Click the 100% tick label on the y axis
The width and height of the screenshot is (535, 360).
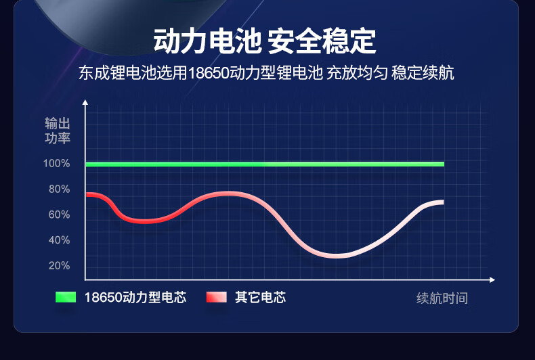point(56,163)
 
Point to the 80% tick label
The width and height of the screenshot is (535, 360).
point(59,189)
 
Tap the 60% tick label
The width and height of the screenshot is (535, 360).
point(59,215)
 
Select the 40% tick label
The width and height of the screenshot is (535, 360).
point(59,240)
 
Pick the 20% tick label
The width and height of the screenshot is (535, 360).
point(59,265)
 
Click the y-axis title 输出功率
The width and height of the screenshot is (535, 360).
point(58,131)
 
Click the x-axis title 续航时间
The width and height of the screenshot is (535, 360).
point(442,298)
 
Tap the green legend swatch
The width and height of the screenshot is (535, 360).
point(66,297)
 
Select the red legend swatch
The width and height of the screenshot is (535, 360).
point(216,297)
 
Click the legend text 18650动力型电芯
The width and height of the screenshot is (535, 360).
point(135,297)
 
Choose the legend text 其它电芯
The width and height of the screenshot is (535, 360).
point(260,297)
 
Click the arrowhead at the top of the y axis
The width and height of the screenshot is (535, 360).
point(85,102)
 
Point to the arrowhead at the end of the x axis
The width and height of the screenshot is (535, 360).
point(492,280)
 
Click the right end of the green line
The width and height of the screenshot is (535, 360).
point(444,164)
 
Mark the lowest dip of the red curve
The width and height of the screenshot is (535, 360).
point(336,256)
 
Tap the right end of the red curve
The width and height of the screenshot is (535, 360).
point(443,202)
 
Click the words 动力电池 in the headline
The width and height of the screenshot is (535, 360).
point(207,41)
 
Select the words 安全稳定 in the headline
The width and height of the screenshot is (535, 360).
point(322,41)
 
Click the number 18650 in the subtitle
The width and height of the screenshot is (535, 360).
point(209,73)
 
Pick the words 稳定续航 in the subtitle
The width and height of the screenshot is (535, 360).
point(423,73)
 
